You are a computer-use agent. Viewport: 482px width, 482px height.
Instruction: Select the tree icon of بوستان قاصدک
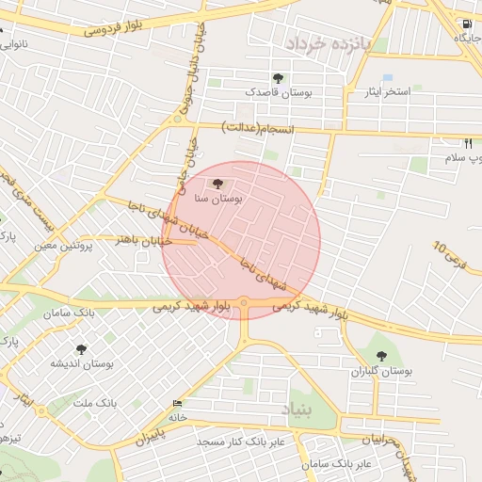pos(277,78)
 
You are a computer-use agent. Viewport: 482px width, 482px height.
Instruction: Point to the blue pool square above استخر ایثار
pos(387,78)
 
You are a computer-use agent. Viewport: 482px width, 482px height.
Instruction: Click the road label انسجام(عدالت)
pos(258,127)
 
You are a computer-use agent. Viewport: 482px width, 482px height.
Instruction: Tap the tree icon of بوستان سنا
pos(218,184)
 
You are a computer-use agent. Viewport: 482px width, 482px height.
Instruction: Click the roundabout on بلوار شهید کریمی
pos(244,303)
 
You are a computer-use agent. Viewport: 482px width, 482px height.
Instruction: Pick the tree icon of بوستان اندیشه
pos(82,349)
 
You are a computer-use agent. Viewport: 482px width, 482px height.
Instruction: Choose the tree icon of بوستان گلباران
pos(381,356)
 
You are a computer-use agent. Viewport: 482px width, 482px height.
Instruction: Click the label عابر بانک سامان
pos(337,464)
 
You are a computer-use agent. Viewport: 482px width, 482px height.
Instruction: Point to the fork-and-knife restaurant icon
pos(468,143)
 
